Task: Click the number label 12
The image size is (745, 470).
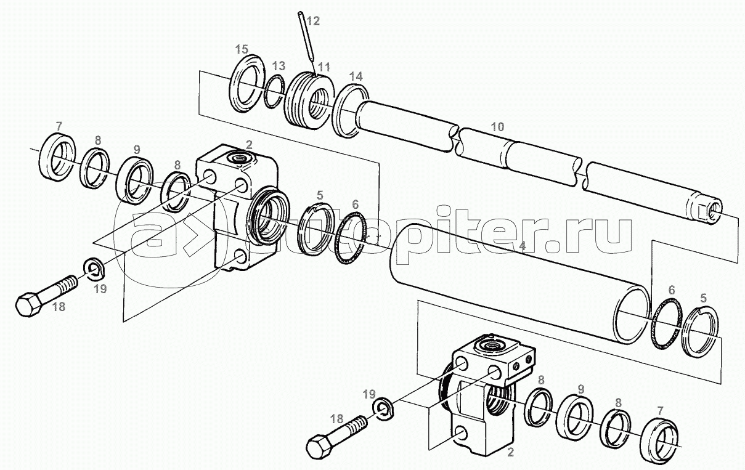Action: coord(313,22)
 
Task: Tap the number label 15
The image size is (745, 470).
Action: coord(242,49)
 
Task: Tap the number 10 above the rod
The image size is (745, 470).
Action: coord(497,128)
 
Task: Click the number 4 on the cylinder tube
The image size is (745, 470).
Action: coord(522,246)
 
